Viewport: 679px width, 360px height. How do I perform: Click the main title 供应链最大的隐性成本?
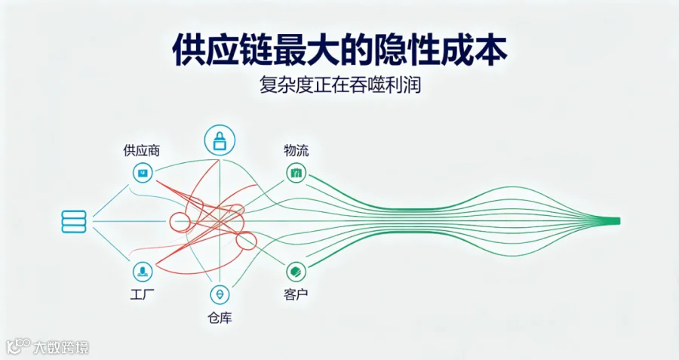pyautogui.click(x=339, y=51)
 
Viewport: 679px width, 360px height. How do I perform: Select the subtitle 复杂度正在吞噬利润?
pyautogui.click(x=340, y=85)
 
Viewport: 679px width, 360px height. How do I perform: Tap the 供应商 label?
pyautogui.click(x=142, y=150)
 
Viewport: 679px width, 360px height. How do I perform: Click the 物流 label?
pyautogui.click(x=296, y=150)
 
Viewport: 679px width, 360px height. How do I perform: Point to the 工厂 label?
pyautogui.click(x=143, y=294)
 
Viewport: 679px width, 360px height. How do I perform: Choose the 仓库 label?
pyautogui.click(x=220, y=318)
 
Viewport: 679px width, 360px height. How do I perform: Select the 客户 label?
pyautogui.click(x=296, y=294)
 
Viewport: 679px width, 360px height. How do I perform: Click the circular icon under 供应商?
pyautogui.click(x=143, y=174)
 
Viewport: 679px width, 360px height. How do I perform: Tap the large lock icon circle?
pyautogui.click(x=220, y=140)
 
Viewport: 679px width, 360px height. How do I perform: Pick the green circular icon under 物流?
pyautogui.click(x=296, y=174)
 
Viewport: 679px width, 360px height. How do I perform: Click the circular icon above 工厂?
pyautogui.click(x=143, y=271)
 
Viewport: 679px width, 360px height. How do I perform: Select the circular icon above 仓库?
pyautogui.click(x=220, y=294)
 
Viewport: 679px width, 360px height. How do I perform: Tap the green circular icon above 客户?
pyautogui.click(x=296, y=272)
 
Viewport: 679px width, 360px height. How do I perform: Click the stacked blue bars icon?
pyautogui.click(x=74, y=222)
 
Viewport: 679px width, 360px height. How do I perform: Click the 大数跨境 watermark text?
pyautogui.click(x=61, y=347)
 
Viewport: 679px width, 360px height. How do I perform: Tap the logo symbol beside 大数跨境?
pyautogui.click(x=19, y=346)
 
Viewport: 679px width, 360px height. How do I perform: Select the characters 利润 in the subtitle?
pyautogui.click(x=404, y=85)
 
